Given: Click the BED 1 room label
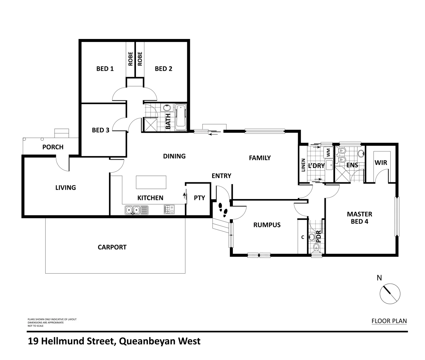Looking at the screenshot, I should (x=105, y=69).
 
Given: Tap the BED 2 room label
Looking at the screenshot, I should (x=164, y=69).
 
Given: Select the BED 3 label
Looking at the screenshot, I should (x=101, y=130).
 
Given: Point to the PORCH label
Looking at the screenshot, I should (x=53, y=147).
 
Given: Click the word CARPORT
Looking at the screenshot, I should (x=112, y=247).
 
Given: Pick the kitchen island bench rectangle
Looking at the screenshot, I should (x=151, y=182).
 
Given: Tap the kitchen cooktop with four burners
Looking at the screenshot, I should (x=169, y=209).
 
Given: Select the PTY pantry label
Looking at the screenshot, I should (x=199, y=198).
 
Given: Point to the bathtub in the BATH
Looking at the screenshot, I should (x=181, y=117).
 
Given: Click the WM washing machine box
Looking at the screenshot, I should (x=328, y=153).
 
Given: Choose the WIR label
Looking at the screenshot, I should (x=381, y=163).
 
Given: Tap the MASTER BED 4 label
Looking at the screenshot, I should (x=359, y=217).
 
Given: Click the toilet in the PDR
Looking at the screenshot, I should (x=316, y=247).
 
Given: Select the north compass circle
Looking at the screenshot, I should (x=390, y=294).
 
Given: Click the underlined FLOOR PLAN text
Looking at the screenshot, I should (x=389, y=321).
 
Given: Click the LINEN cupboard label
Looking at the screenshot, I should (x=303, y=165).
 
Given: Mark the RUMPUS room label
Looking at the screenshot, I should (x=267, y=225).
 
